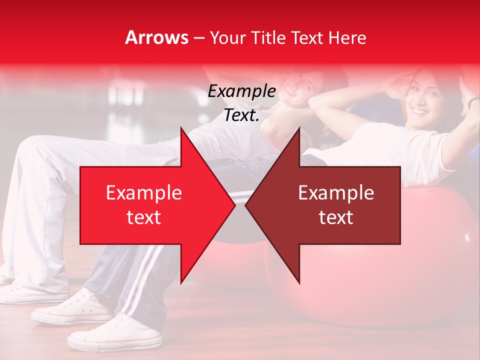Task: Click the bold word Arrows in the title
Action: (157, 37)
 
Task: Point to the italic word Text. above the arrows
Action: (241, 115)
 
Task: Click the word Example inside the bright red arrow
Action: (144, 193)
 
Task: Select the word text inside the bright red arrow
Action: (144, 217)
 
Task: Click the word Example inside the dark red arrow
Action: (336, 193)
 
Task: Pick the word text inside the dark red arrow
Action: (336, 217)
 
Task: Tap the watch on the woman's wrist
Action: (473, 101)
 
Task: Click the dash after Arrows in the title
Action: (198, 38)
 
